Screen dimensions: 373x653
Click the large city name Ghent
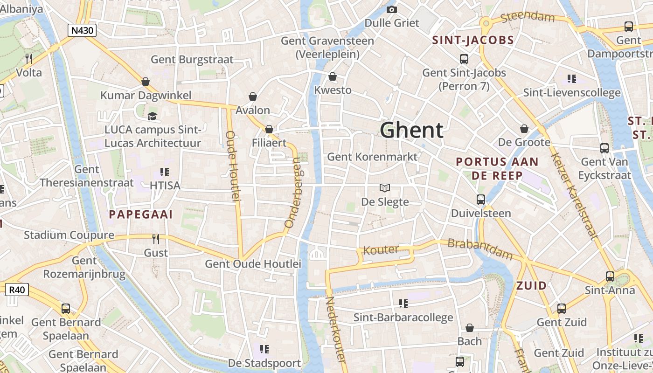tap(411, 130)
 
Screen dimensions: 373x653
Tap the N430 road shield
tap(82, 31)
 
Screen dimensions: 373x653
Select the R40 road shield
tap(17, 290)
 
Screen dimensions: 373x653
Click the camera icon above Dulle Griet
tap(392, 9)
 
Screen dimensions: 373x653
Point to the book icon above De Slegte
tap(385, 188)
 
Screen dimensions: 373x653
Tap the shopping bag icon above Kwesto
tap(333, 76)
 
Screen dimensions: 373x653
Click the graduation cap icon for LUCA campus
tap(152, 116)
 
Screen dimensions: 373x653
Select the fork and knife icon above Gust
tap(156, 239)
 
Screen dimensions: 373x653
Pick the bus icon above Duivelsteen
tap(481, 200)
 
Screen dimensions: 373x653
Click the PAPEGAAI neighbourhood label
tap(141, 214)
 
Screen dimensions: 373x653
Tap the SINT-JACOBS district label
tap(473, 40)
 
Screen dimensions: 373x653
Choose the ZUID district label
tap(531, 286)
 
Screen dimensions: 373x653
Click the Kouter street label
tap(381, 250)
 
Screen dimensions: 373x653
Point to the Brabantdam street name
tap(480, 249)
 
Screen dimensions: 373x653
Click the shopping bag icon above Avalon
tap(252, 97)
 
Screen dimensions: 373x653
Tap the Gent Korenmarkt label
tap(372, 157)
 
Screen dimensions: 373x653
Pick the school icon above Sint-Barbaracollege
tap(403, 304)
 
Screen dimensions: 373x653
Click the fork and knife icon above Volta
tap(29, 58)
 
